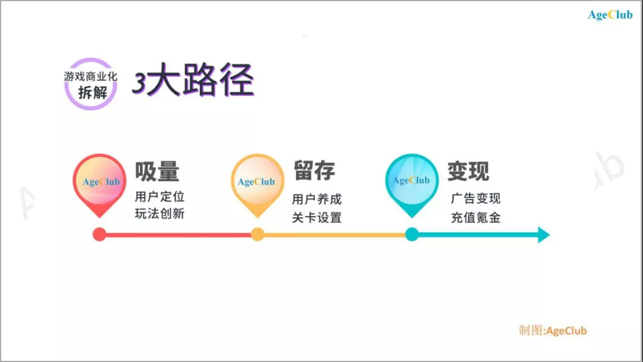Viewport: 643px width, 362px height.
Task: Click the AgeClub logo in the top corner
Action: [x=610, y=15]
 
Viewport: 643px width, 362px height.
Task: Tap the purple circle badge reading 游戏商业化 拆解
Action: [x=90, y=84]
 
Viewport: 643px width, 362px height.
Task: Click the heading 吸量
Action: [x=157, y=171]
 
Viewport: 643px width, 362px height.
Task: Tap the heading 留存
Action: [x=314, y=171]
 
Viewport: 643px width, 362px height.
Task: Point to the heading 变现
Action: [x=469, y=171]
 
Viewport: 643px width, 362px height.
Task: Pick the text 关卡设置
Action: [x=317, y=217]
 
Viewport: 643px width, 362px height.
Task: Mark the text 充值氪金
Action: [x=476, y=217]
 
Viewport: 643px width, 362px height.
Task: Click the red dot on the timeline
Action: [x=99, y=235]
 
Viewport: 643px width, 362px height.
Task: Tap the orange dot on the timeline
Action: [x=257, y=235]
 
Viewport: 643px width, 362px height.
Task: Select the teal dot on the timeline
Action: [x=411, y=235]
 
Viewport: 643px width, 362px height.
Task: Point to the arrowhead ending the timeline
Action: [x=543, y=235]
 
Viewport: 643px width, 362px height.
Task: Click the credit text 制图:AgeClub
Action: [x=553, y=330]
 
